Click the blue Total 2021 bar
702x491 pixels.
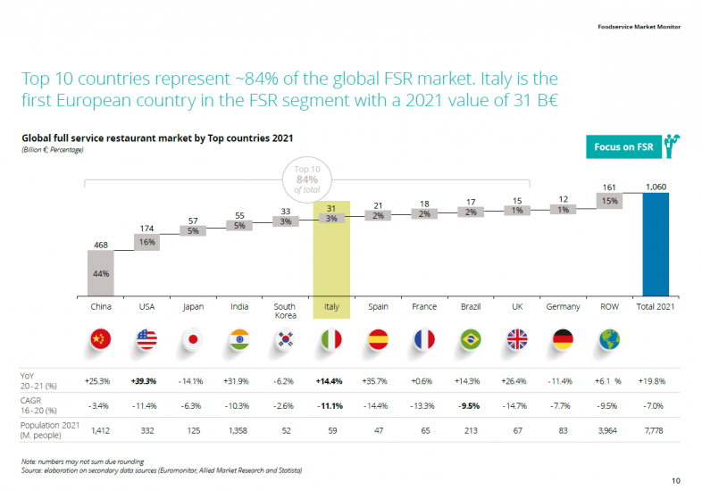click(656, 243)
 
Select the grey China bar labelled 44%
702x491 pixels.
click(101, 272)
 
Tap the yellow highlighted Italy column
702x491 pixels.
click(331, 250)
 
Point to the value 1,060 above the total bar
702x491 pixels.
click(656, 187)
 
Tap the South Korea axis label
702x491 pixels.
click(285, 311)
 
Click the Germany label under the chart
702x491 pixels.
click(563, 306)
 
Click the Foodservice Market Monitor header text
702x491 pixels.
click(639, 26)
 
